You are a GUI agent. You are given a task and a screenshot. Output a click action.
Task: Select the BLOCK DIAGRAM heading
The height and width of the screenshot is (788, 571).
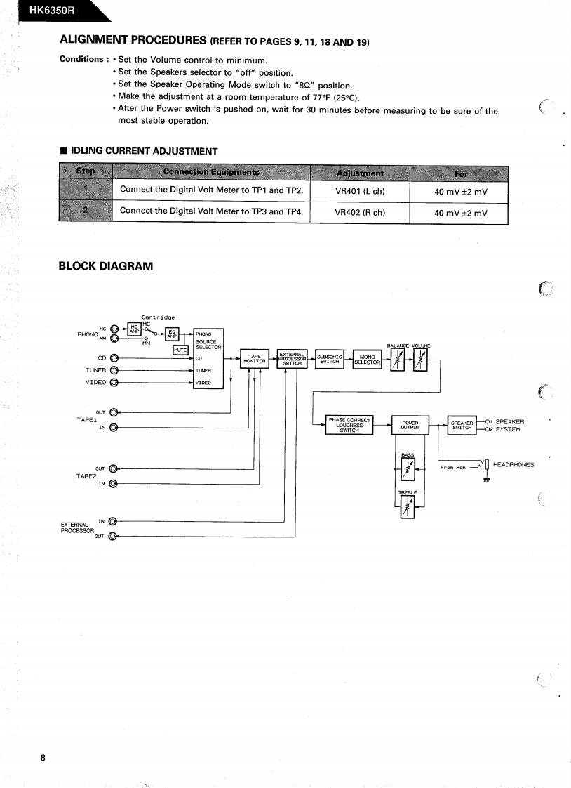105,266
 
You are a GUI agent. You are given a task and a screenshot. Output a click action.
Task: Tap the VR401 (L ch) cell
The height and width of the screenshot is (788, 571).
359,190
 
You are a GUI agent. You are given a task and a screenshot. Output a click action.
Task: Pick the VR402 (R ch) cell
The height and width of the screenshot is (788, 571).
359,213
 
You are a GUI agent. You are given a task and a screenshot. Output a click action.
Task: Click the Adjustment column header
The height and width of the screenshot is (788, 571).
359,173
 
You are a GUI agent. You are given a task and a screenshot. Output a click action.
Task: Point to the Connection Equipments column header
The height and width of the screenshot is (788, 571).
210,173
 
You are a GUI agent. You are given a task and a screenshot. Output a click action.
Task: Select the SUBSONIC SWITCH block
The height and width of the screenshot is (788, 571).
330,359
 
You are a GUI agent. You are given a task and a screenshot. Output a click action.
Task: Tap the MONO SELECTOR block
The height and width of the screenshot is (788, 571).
367,359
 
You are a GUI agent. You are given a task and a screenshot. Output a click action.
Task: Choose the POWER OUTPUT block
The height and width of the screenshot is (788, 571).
410,425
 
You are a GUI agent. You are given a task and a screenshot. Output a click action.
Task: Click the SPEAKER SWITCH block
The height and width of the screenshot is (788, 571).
462,425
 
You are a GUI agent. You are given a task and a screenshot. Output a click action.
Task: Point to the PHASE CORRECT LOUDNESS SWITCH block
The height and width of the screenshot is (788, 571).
349,425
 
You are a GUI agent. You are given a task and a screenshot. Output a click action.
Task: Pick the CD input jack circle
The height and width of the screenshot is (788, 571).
114,358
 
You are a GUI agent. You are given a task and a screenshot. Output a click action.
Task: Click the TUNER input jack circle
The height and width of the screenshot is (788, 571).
114,370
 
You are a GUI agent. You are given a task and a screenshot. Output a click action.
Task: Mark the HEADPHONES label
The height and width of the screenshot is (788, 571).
513,465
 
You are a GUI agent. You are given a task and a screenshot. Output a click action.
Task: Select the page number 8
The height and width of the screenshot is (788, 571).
43,757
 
